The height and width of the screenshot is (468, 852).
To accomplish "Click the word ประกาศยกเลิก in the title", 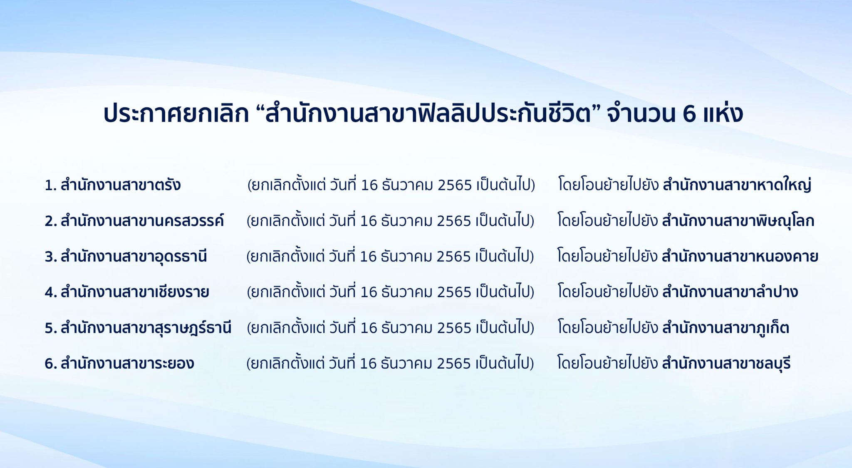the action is [176, 113].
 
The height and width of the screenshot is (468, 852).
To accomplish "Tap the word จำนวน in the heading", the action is [641, 113].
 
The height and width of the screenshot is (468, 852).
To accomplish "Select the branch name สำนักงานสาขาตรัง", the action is [121, 185].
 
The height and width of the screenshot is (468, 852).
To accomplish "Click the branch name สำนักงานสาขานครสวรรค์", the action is [142, 220].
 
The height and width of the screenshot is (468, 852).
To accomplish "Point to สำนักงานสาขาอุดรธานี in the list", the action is [134, 256].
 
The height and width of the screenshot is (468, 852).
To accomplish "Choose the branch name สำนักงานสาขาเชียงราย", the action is [135, 292].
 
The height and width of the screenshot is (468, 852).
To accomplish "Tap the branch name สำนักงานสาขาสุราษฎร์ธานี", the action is [146, 328].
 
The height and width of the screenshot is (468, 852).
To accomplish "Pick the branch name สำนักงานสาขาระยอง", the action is [127, 363].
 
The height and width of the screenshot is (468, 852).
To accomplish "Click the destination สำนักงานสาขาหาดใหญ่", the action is [737, 185].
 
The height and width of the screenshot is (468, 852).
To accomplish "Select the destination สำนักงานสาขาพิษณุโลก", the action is [738, 221].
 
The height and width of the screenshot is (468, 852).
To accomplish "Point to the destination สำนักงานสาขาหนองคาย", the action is [740, 256].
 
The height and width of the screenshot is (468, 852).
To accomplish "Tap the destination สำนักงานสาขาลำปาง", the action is [730, 291].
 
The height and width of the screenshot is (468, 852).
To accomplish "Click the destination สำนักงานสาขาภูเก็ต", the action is [726, 328].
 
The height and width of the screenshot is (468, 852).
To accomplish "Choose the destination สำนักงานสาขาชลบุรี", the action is [726, 363].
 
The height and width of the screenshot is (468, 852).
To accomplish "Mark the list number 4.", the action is [50, 293].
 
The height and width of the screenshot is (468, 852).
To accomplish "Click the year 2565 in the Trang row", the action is [455, 185].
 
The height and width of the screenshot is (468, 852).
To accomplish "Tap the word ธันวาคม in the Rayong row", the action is [406, 364].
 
